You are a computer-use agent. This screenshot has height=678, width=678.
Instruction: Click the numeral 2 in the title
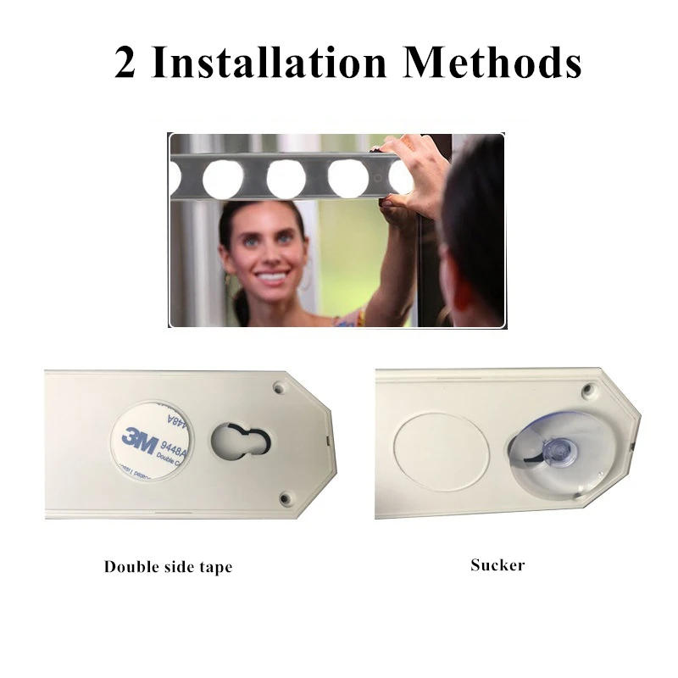tap(125, 64)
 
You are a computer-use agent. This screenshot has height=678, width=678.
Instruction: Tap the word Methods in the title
tap(492, 64)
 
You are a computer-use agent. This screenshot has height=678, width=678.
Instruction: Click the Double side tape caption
tap(168, 566)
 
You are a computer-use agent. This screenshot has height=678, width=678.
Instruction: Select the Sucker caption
tap(497, 564)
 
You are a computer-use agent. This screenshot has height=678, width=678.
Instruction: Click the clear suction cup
tap(552, 450)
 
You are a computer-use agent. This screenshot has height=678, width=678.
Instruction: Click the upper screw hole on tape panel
tap(280, 388)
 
